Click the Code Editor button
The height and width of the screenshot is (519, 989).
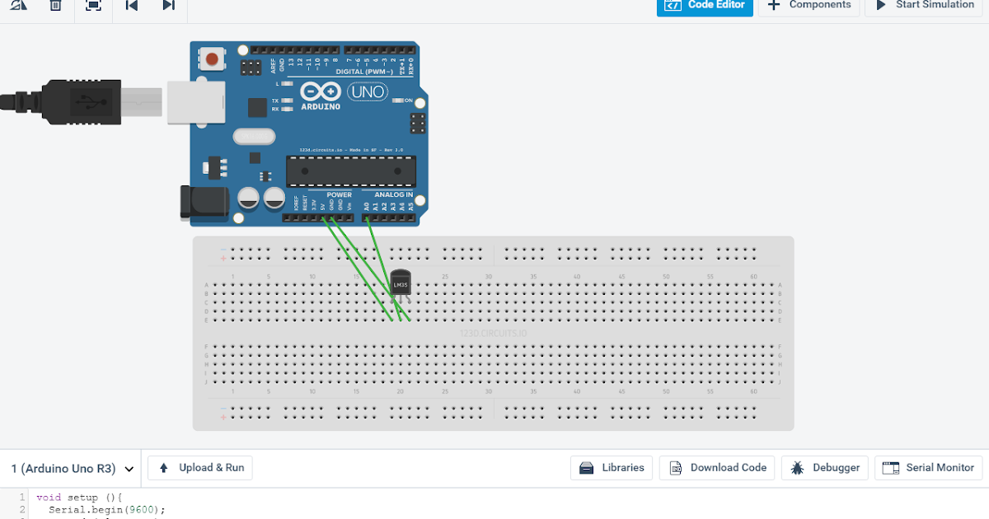[x=705, y=6]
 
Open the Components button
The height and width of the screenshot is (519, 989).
[x=809, y=6]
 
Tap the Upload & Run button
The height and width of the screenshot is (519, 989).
[x=200, y=468]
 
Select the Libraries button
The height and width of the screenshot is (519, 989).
[x=612, y=468]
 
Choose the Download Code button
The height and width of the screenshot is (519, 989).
[x=717, y=468]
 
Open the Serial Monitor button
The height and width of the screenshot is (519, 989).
[x=929, y=468]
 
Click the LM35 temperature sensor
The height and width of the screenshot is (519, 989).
[x=401, y=284]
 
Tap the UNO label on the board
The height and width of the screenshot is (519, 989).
[x=368, y=92]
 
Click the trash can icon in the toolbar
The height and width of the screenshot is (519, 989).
[x=55, y=6]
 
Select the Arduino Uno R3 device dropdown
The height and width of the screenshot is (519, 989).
[x=72, y=469]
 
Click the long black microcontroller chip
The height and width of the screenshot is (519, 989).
[x=350, y=171]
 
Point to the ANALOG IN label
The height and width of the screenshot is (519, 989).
[x=393, y=195]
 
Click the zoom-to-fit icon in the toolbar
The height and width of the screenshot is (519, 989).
[x=93, y=6]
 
